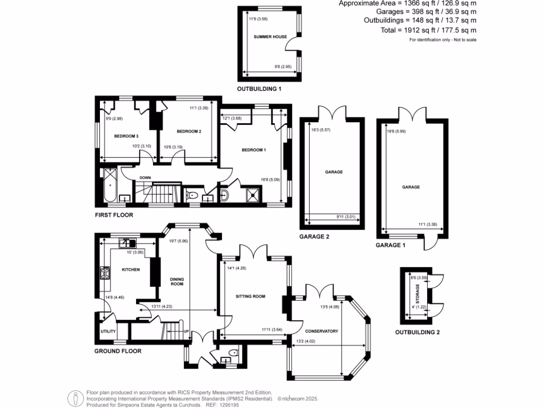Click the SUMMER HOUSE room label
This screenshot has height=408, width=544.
click(270, 37)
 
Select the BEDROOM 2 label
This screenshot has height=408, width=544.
click(189, 131)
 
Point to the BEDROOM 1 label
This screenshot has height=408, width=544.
click(253, 150)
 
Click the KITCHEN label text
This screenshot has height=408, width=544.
click(131, 270)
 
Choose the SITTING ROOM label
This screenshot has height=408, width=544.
click(250, 296)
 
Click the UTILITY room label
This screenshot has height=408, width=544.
click(108, 331)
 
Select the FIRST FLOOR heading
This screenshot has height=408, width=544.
click(113, 215)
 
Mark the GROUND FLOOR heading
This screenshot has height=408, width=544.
click(117, 351)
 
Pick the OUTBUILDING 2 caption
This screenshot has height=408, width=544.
click(418, 333)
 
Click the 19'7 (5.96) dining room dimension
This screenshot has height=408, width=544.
click(179, 241)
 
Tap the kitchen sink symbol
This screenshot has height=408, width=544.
click(127, 243)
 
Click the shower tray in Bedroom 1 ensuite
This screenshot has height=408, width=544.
click(250, 194)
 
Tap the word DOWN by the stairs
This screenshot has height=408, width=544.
click(146, 177)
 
